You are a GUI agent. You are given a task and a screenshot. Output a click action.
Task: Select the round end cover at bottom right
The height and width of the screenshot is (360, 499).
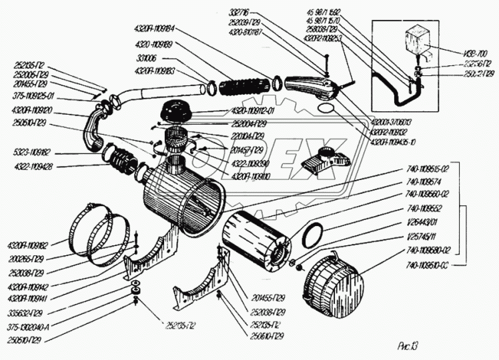click(x=332, y=283)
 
